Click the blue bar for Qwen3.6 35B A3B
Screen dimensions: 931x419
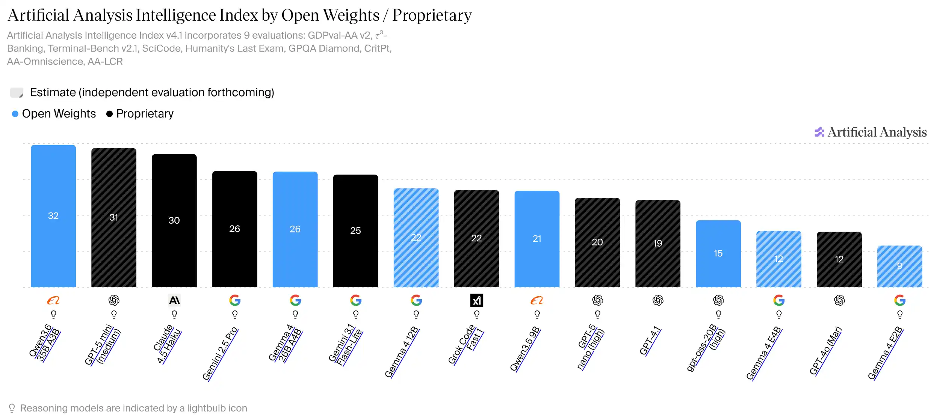53,216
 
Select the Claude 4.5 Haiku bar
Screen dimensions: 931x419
174,221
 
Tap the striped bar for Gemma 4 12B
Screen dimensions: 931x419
416,238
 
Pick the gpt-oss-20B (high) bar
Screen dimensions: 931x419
718,254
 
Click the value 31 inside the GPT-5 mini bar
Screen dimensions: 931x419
114,217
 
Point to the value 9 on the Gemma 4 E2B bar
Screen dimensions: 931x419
899,266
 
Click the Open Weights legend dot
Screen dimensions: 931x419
15,114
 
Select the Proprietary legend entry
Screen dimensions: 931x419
140,114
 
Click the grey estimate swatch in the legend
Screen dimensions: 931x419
17,92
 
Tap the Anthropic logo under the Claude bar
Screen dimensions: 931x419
174,300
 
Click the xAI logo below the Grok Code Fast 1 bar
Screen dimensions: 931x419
477,300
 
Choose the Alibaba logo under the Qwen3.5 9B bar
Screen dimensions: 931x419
537,300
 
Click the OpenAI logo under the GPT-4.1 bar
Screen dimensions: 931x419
658,300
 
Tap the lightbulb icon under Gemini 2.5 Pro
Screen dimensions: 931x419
235,315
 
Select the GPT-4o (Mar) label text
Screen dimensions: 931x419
825,351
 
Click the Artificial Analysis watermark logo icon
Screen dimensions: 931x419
819,132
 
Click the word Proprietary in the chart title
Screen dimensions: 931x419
432,15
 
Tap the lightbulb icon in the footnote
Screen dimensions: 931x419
12,408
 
